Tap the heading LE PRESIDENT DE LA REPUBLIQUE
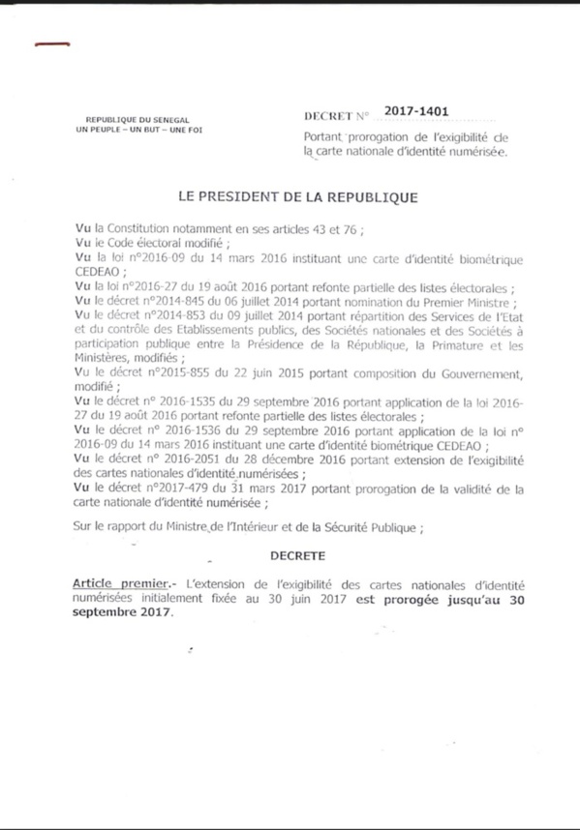[298, 196]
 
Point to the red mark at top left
[50, 44]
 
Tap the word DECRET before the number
[329, 116]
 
